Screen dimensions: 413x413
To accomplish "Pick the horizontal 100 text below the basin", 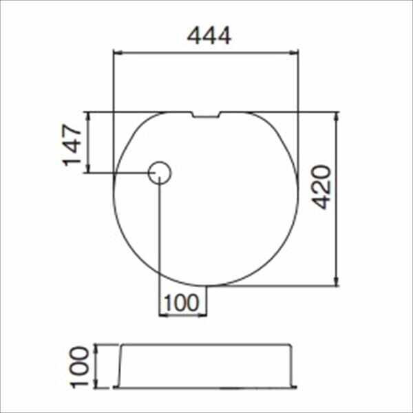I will pyautogui.click(x=182, y=301).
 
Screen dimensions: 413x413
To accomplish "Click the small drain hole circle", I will pyautogui.click(x=160, y=171).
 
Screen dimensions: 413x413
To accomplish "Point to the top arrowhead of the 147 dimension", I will pyautogui.click(x=87, y=116).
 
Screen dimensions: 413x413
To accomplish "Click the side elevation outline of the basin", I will pyautogui.click(x=206, y=366).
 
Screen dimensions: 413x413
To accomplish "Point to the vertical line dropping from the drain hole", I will pyautogui.click(x=160, y=241).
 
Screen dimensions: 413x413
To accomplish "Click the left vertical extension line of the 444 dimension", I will pyautogui.click(x=113, y=83).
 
